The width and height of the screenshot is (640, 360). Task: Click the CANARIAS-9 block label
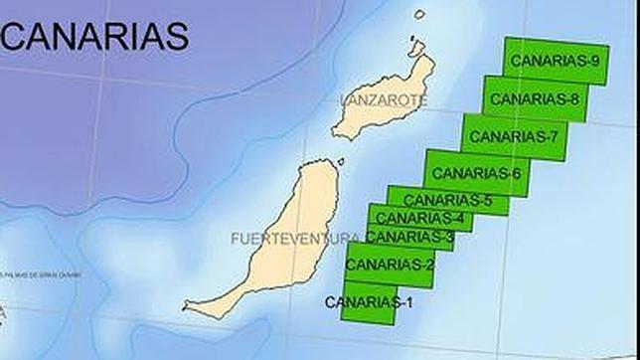[x=555, y=62]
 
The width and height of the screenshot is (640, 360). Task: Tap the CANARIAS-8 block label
[x=535, y=99]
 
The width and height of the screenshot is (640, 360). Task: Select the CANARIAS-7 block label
[x=513, y=136]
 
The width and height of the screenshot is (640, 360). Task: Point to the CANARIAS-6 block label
[x=476, y=174]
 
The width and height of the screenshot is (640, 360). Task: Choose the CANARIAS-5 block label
[x=447, y=200]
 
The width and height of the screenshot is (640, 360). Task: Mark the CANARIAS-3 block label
[x=409, y=237]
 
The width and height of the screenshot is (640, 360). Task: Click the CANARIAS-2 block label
[x=390, y=265]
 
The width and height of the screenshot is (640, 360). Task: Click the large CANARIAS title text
[x=95, y=37]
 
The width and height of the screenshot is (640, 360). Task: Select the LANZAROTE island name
[x=383, y=100]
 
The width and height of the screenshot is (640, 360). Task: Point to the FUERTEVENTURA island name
[x=294, y=239]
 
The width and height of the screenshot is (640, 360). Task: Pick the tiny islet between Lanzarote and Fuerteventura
[x=340, y=161]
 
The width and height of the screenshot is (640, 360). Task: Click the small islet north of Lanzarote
[x=419, y=15]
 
